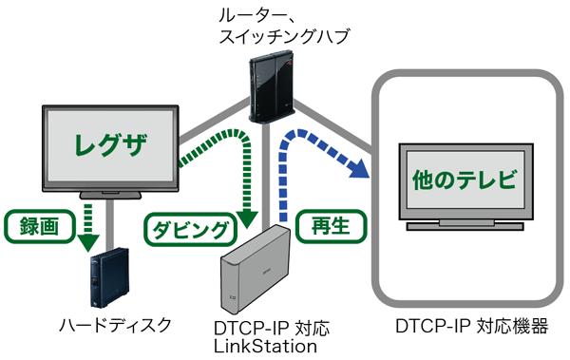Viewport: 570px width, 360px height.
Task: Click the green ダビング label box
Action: click(x=188, y=229)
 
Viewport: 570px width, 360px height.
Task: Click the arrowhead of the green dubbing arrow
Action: click(x=248, y=218)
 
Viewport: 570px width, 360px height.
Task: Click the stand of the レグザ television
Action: click(x=112, y=196)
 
